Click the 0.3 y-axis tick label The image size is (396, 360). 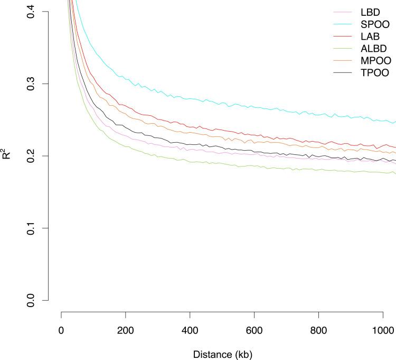point(33,84)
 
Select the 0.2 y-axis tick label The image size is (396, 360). point(33,156)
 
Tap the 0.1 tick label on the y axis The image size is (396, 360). point(33,228)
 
